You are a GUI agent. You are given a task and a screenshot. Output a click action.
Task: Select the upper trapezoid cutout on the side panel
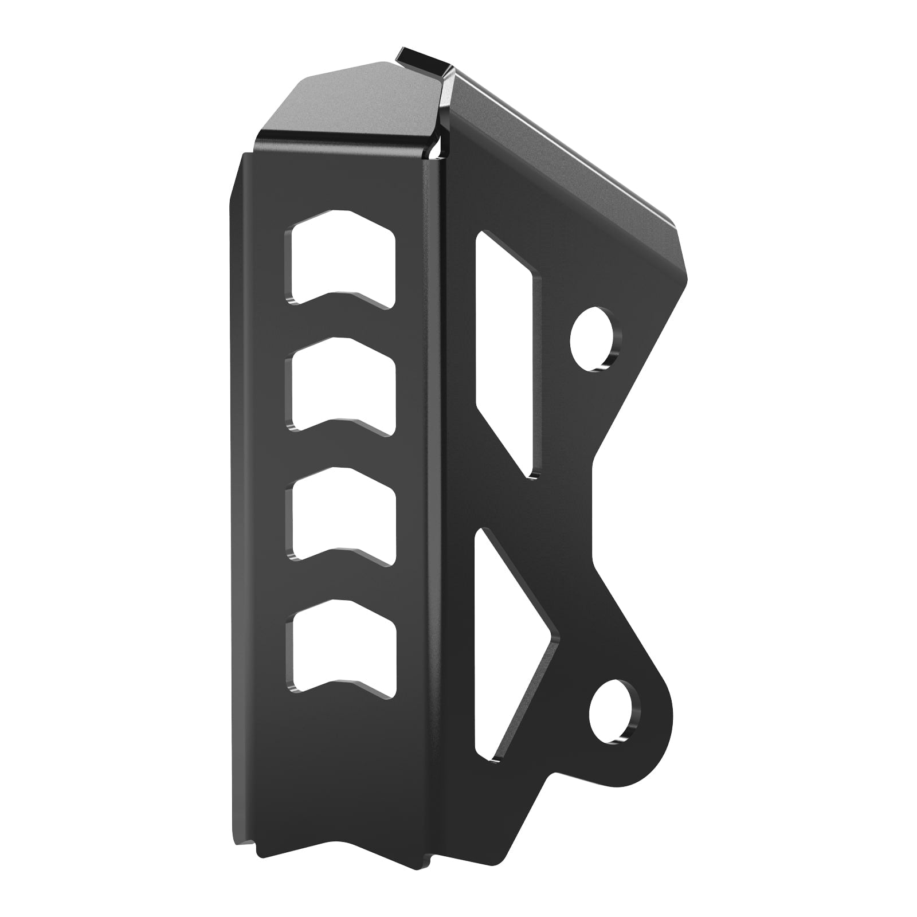(507, 344)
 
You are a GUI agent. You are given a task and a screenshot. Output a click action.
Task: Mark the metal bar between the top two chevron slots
(343, 321)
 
